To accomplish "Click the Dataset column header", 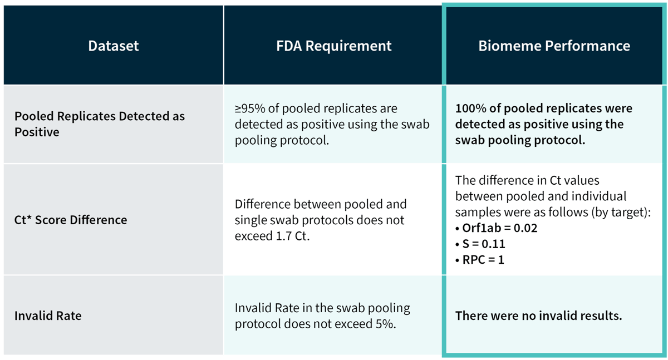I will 113,46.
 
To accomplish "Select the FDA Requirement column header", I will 335,46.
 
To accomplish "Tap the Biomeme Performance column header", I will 554,46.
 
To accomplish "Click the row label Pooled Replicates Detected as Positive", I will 99,124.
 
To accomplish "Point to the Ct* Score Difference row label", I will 71,220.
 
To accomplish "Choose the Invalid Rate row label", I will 48,315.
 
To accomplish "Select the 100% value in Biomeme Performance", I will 469,108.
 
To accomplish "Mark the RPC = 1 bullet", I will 483,259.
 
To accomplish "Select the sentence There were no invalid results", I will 538,315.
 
